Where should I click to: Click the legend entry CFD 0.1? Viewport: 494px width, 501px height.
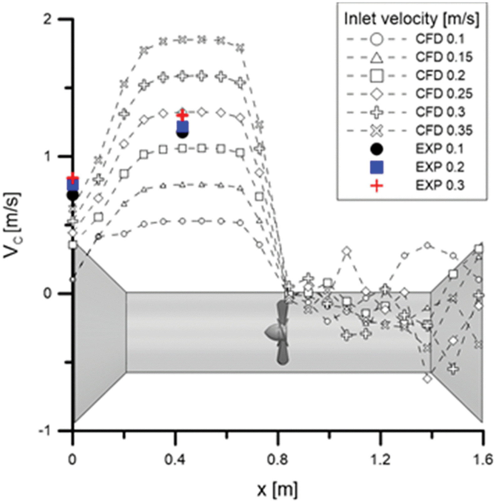click(440, 39)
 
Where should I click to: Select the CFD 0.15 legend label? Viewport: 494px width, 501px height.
click(444, 57)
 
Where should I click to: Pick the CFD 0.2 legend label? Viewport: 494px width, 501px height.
click(440, 75)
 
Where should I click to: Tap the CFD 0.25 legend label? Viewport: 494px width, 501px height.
click(444, 94)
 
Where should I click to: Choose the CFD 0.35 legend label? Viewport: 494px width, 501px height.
click(444, 130)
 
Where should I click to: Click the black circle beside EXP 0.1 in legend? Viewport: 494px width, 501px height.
click(377, 149)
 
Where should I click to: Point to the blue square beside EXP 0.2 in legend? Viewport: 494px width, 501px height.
click(377, 167)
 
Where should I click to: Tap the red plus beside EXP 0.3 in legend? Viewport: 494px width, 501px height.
click(377, 185)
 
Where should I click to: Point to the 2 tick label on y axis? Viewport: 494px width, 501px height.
click(48, 19)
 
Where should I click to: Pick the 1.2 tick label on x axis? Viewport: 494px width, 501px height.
click(381, 460)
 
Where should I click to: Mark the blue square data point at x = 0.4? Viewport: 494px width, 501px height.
click(183, 127)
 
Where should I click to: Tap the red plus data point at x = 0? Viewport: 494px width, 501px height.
click(73, 178)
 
